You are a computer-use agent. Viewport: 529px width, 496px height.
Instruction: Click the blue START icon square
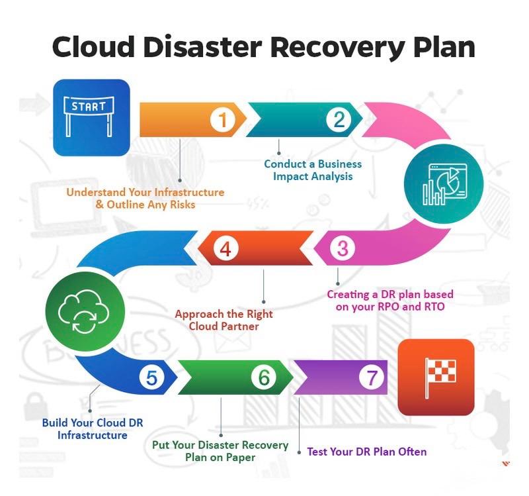click(91, 117)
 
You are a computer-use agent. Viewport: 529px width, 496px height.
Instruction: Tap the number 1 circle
click(223, 120)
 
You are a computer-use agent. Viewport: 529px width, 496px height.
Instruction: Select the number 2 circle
click(339, 120)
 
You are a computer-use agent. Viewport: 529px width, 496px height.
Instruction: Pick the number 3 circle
click(342, 249)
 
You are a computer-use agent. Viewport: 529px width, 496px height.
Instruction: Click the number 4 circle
click(225, 249)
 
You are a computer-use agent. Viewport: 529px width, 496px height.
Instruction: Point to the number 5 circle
click(151, 378)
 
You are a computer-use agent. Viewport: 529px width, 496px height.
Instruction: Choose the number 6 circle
click(264, 378)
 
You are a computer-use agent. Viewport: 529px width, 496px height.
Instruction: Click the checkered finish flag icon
click(436, 377)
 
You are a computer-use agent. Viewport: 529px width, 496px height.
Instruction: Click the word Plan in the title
click(442, 48)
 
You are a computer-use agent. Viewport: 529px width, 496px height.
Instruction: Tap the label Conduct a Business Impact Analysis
click(313, 170)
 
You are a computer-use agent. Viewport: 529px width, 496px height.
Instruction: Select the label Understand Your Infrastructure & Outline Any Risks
click(145, 199)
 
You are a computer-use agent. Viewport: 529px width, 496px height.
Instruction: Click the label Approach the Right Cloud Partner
click(224, 321)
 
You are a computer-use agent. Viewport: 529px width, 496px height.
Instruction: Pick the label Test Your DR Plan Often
click(367, 452)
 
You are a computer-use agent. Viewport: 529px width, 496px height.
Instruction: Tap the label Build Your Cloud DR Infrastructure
click(93, 429)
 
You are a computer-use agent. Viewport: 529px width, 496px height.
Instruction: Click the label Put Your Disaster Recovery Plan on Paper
click(220, 451)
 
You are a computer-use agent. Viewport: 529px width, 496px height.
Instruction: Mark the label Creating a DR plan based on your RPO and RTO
click(390, 300)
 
